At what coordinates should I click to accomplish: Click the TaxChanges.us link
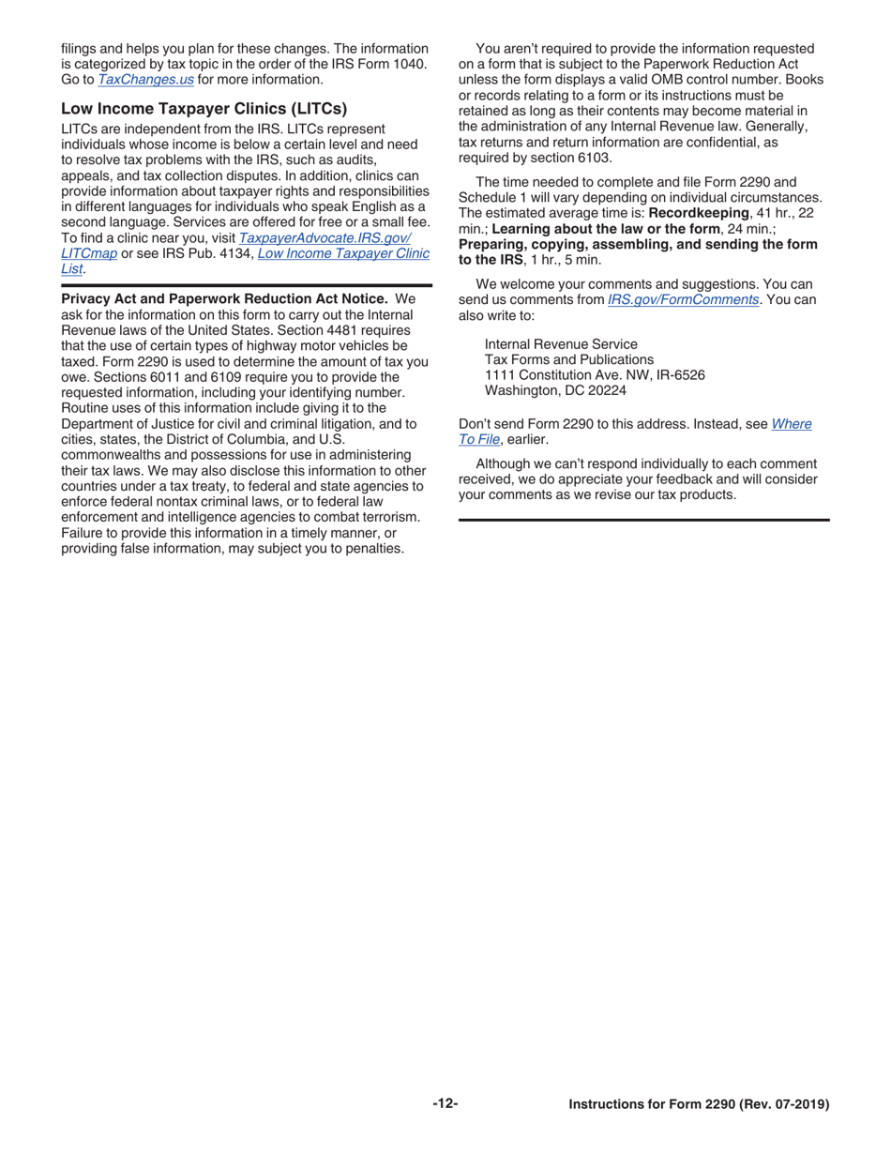(145, 80)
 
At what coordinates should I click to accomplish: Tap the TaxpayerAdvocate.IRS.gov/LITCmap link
(325, 238)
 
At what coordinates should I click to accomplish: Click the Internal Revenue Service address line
(561, 344)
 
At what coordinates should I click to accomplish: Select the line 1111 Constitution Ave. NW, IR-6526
(595, 375)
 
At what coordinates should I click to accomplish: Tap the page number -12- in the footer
(445, 1104)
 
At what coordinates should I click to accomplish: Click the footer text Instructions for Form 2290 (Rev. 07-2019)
(699, 1105)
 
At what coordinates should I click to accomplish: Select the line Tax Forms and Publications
(569, 360)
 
